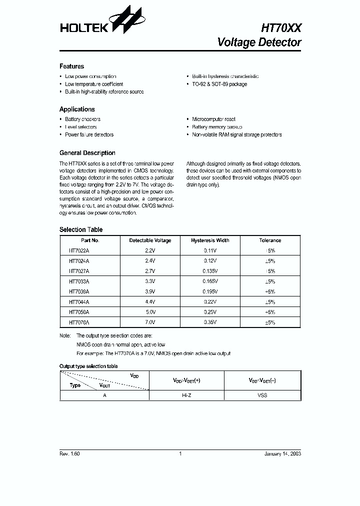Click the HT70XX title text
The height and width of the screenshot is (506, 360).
[x=281, y=28]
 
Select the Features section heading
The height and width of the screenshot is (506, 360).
[x=71, y=66]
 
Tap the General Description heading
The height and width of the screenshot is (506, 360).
[x=87, y=153]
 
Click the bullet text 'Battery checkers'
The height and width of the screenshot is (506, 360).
[x=82, y=119]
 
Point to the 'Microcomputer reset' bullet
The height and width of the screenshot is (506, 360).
[x=213, y=119]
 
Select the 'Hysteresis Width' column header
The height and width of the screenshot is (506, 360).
[x=210, y=240]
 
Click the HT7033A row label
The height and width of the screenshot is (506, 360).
[x=79, y=281]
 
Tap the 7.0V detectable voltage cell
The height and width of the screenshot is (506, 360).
[x=150, y=322]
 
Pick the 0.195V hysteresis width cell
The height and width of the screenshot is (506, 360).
[x=210, y=291]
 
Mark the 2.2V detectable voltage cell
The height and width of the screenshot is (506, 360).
[x=150, y=250]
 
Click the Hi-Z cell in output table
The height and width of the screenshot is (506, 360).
[x=186, y=395]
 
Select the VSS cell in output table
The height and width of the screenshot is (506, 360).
[x=262, y=395]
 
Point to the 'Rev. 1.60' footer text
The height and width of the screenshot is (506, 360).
[x=69, y=453]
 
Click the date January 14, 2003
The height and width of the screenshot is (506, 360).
[x=282, y=453]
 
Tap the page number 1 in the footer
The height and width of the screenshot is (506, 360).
[x=180, y=453]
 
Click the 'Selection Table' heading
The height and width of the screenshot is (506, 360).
[x=81, y=230]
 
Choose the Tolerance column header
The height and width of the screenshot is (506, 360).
[x=270, y=240]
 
